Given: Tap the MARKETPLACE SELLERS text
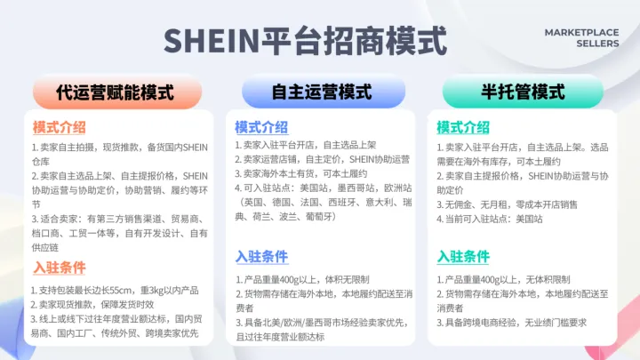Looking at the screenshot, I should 581,37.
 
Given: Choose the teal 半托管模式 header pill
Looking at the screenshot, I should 524,92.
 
